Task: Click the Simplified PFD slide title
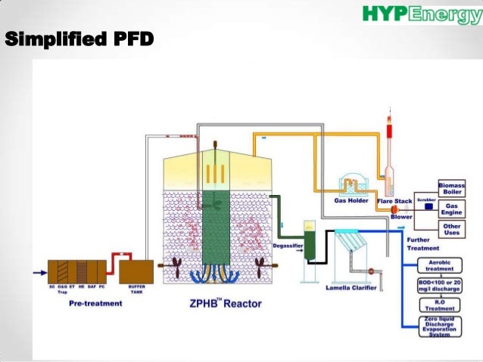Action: tap(79, 38)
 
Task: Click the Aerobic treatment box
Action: tap(439, 265)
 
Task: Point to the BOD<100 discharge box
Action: tap(439, 286)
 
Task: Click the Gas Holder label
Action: tap(351, 201)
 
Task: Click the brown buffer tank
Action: tap(137, 272)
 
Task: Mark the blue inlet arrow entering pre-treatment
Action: tap(38, 272)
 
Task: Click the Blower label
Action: tap(401, 217)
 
